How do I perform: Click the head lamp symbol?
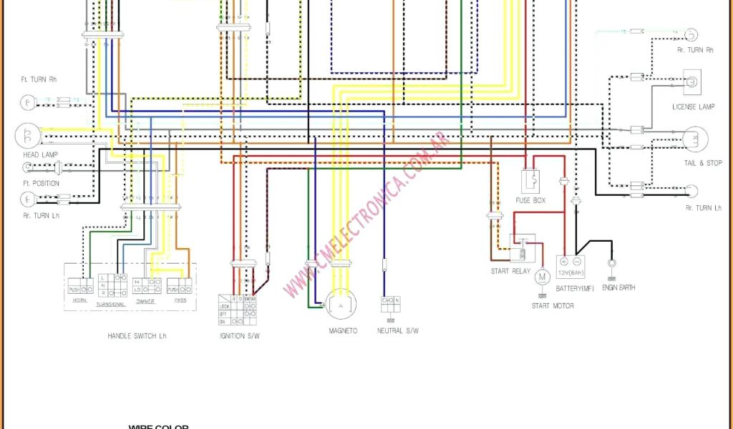tap(26, 135)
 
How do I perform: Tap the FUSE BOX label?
tap(530, 201)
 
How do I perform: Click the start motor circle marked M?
tap(543, 277)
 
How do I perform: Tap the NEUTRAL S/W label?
tap(397, 331)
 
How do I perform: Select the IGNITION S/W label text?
tap(240, 335)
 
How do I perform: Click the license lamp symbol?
tap(692, 83)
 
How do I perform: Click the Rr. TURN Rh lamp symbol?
tap(691, 35)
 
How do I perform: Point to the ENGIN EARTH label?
tap(618, 287)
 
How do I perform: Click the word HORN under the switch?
tap(79, 300)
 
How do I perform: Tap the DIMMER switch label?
tap(145, 301)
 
